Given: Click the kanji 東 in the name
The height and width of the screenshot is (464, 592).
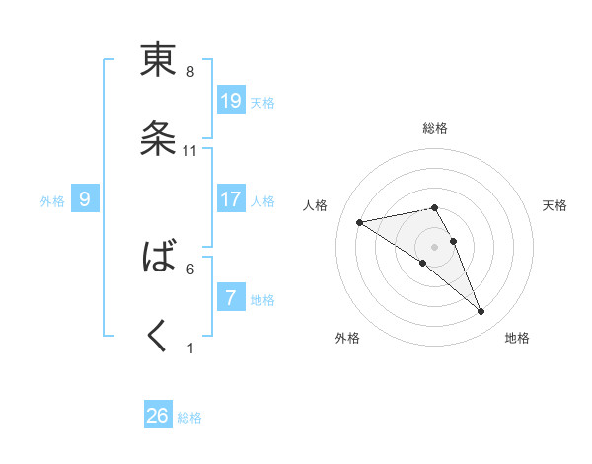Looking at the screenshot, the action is [x=158, y=61].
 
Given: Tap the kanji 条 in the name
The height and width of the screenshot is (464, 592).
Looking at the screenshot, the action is [x=158, y=139].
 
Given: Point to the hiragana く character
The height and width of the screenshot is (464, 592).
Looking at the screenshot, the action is [x=158, y=336].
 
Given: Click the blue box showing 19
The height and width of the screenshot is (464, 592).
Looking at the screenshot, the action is [x=231, y=100].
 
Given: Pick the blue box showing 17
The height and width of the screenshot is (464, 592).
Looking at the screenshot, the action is [x=231, y=198].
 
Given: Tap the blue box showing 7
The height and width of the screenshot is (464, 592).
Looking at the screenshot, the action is [x=231, y=297].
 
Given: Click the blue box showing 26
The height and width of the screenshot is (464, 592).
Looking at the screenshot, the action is [x=158, y=416].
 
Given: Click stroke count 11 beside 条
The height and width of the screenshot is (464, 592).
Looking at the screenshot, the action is [x=190, y=151].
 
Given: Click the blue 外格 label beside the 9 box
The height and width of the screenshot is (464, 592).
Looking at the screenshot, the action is [x=52, y=201].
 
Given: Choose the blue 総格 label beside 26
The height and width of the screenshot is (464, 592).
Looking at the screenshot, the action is [x=189, y=418].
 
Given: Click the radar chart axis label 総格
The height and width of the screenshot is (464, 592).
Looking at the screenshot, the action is [x=434, y=128].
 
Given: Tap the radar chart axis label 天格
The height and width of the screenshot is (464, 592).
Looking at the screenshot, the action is [x=555, y=205].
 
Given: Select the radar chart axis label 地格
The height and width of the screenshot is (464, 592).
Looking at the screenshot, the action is [x=517, y=338].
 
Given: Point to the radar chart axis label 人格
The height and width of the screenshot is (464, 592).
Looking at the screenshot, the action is [x=317, y=205].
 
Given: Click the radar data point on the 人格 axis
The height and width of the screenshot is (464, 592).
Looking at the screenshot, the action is [x=360, y=222].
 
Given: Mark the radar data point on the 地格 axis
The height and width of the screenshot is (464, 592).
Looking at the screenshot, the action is [x=481, y=312].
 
